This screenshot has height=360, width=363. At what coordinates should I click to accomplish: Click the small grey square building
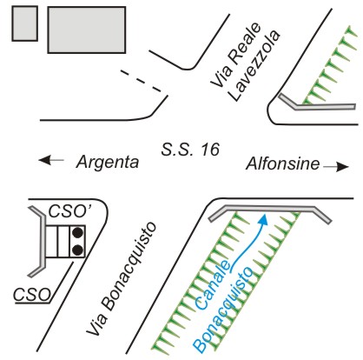[x=25, y=23]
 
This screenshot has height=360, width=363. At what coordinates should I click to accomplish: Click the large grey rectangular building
[x=87, y=30]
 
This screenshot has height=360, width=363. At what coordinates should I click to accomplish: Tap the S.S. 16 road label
[x=190, y=150]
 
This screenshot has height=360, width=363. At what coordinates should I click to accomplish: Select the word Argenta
[x=108, y=163]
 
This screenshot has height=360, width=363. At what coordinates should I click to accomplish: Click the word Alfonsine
[x=283, y=163]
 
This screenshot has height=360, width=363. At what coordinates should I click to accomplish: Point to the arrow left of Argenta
[x=51, y=160]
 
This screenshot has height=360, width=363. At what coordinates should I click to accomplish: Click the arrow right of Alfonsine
[x=336, y=167]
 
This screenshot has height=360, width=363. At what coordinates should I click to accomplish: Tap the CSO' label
[x=68, y=211]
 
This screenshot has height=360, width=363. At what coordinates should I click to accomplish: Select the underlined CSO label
[x=32, y=295]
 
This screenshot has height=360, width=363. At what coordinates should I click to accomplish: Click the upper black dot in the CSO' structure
[x=77, y=232]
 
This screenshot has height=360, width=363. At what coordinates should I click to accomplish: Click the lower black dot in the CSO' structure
[x=77, y=250]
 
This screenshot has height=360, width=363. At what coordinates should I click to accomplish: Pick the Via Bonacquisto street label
[x=122, y=279]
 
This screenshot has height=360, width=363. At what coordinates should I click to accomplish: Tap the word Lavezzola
[x=254, y=65]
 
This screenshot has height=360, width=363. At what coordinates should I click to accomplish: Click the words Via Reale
[x=235, y=55]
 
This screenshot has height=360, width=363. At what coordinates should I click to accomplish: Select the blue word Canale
[x=214, y=285]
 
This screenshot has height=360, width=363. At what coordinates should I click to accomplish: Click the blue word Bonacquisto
[x=223, y=310]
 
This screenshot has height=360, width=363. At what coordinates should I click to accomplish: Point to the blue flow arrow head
[x=263, y=220]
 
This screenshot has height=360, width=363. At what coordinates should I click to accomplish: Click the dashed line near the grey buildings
[x=141, y=81]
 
